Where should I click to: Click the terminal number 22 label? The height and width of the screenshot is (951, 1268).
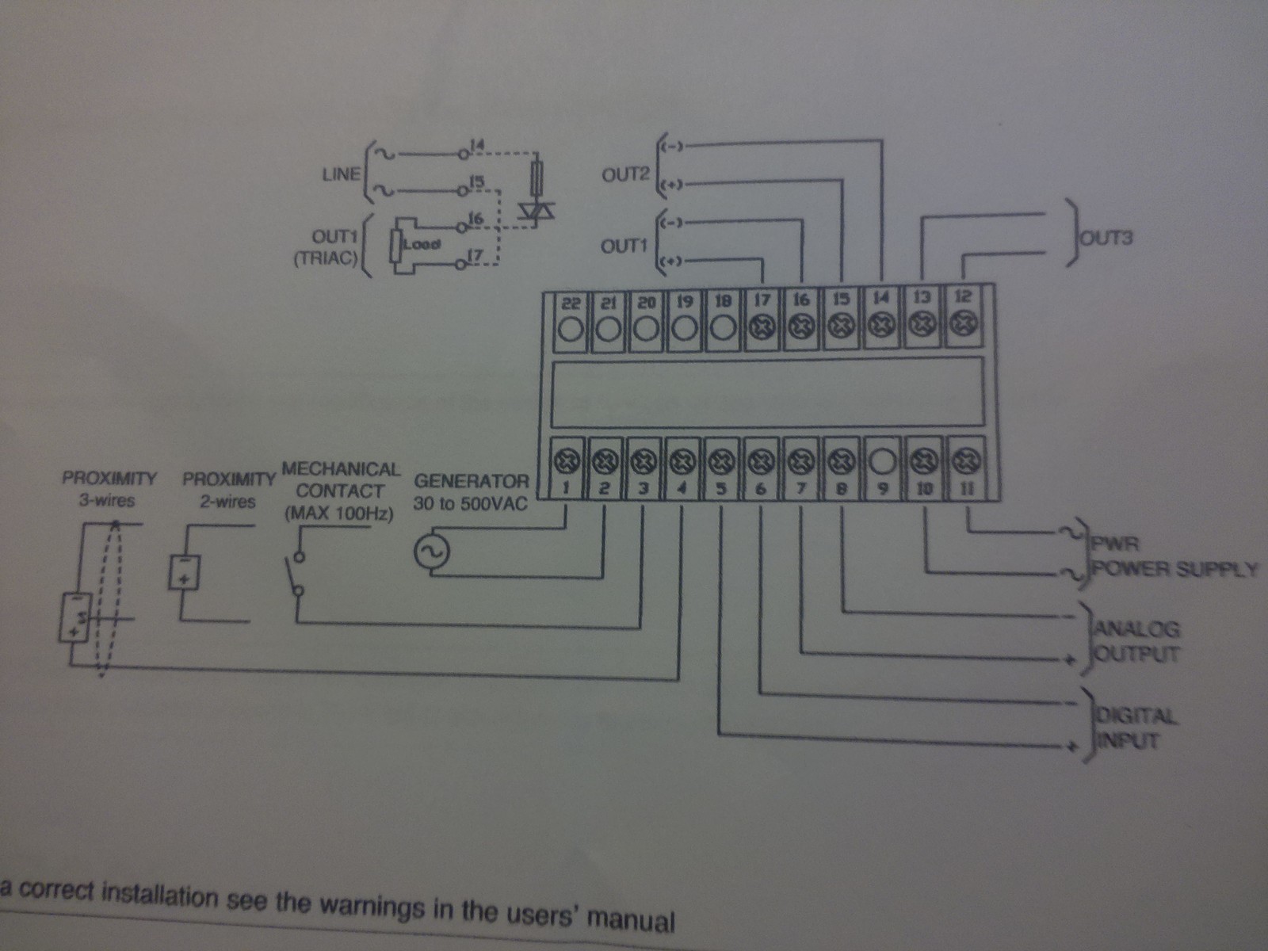coord(571,302)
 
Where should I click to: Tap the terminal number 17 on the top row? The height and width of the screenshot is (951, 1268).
coord(762,300)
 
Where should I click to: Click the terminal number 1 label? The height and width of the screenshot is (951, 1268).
coord(566,487)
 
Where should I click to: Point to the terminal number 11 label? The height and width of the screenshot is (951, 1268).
coord(966,488)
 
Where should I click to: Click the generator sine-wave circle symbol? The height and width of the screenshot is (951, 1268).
coord(432,552)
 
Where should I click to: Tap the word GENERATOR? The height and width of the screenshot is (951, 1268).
coord(471,480)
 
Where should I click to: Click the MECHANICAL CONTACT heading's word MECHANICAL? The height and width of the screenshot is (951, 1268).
coord(342,469)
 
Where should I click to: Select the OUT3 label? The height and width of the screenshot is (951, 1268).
coord(1106,237)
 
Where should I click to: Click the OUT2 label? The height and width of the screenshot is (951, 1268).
coord(625,175)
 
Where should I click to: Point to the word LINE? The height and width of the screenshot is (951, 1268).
coord(341,174)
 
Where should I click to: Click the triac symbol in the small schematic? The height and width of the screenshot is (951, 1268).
coord(537,209)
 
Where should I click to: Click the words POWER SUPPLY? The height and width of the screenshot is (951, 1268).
coord(1174,569)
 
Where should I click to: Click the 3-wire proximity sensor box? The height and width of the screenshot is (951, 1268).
coord(75,617)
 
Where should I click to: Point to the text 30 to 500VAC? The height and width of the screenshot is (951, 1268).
coord(470,503)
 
